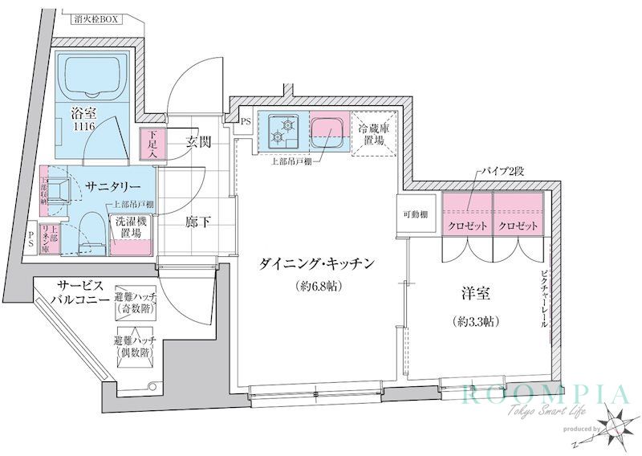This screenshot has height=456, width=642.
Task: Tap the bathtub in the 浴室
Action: pyautogui.click(x=90, y=78)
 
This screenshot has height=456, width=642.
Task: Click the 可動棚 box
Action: pyautogui.click(x=416, y=215)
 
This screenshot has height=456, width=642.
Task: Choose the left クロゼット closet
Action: pyautogui.click(x=467, y=225)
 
